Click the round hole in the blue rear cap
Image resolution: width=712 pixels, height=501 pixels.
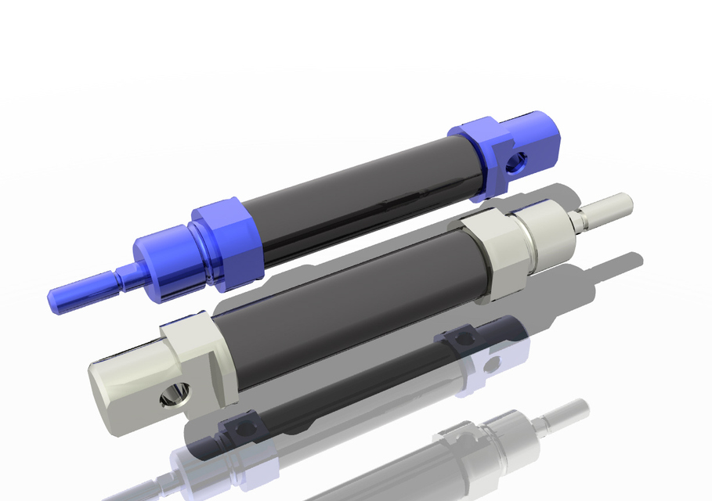point(515,164)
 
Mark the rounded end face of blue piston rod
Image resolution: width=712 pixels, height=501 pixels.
point(52,299)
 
